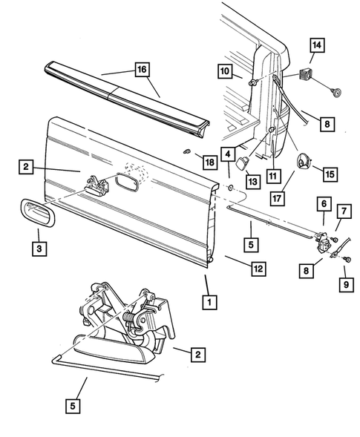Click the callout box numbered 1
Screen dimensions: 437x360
click(212, 302)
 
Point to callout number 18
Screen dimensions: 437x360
click(209, 161)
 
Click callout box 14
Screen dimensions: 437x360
click(317, 46)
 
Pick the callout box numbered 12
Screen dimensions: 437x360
click(257, 269)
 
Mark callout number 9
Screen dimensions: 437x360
click(344, 282)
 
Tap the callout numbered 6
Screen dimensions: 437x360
click(324, 203)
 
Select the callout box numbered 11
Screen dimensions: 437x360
click(275, 176)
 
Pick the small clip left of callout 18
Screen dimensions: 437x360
click(186, 153)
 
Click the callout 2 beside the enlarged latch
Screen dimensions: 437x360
click(197, 355)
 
